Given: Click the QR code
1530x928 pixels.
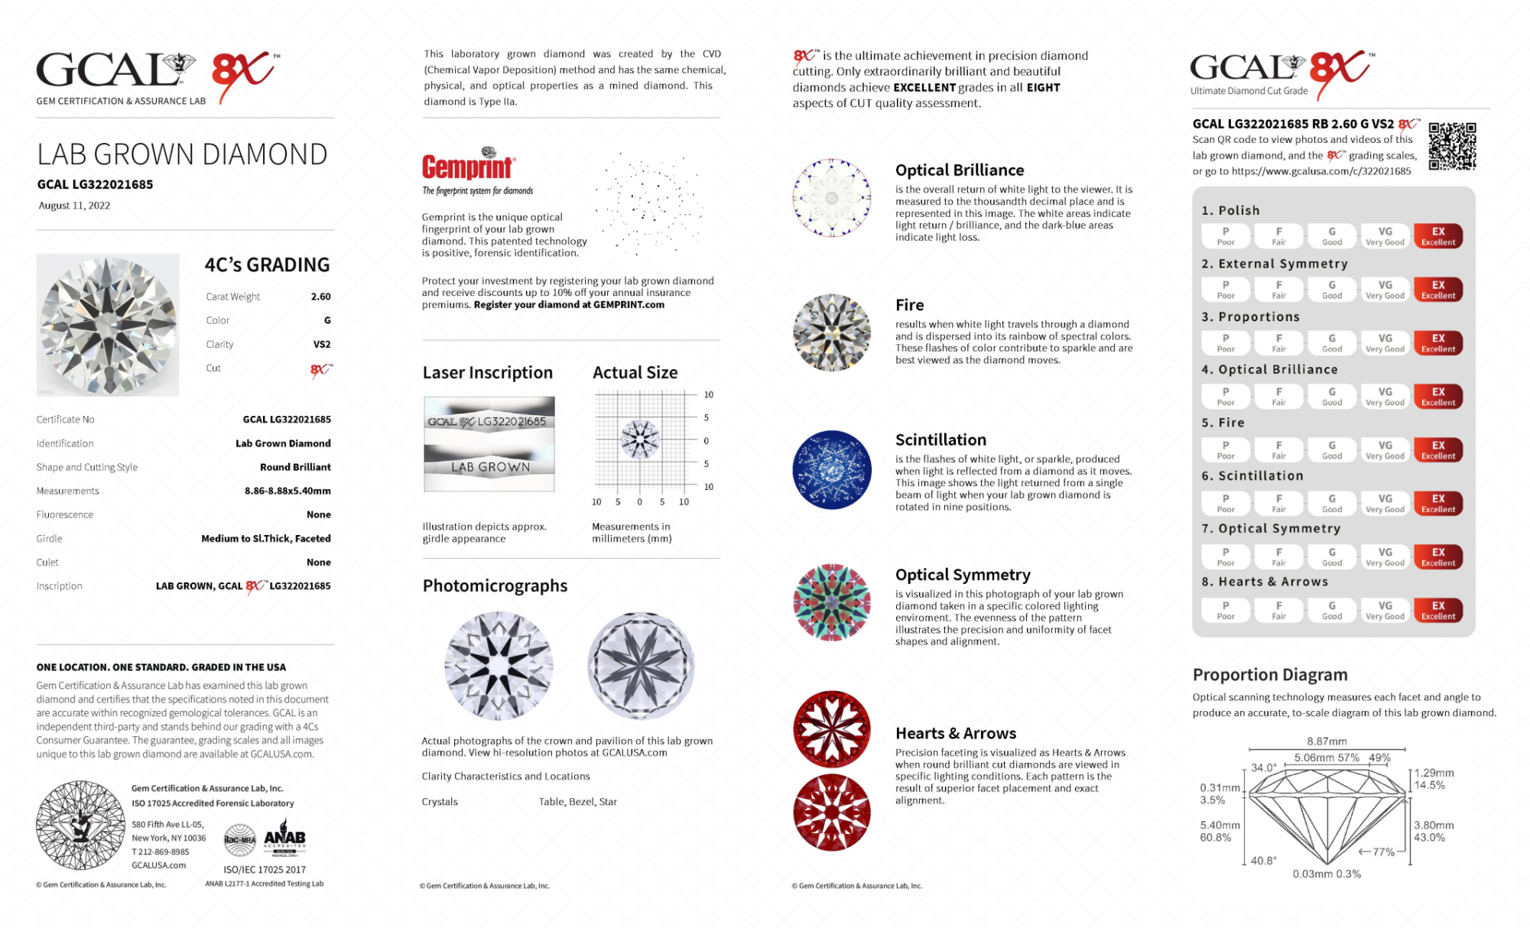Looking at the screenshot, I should pos(1451,145).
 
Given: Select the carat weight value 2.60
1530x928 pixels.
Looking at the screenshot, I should pos(320,297).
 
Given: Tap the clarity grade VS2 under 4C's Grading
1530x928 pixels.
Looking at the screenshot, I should pos(321,344).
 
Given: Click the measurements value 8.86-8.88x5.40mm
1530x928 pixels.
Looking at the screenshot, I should pos(287,491).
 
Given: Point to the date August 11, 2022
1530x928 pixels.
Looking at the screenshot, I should pos(74,206).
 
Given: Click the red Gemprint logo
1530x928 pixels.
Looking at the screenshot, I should pos(468,165).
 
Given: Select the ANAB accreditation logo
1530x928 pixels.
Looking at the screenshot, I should pos(284,839).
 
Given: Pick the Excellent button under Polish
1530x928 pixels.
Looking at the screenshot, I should pos(1437,235).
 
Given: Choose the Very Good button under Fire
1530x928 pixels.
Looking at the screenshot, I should pos(1385,449).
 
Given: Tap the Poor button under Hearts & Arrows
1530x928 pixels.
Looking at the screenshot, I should pos(1225,610).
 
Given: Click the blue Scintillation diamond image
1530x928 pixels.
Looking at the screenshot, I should pos(831,469).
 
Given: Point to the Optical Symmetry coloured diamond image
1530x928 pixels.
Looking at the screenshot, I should pos(831,602).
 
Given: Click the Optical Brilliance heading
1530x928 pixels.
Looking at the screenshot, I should pos(959,170).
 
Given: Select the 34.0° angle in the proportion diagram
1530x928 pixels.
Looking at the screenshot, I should pos(1263,767).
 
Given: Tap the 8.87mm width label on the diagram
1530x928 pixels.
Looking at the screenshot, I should pos(1327,741).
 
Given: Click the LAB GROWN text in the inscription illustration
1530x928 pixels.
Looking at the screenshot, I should pos(490,467).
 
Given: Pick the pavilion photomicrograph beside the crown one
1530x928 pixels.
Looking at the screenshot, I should pos(641,666).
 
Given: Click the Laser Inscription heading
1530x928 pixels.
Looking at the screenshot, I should pos(487,373).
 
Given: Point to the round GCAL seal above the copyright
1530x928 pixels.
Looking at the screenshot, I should pos(80,825).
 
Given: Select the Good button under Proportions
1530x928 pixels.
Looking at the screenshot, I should pos(1331,342).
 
